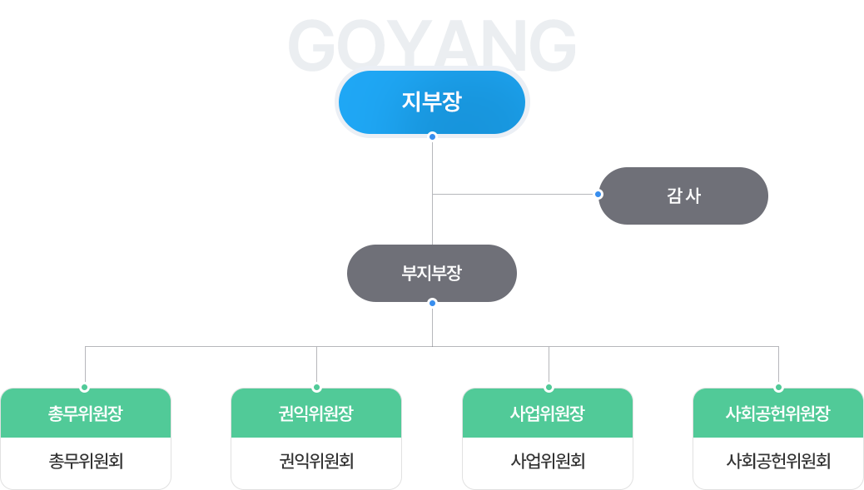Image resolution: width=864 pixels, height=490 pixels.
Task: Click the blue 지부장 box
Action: point(431,102)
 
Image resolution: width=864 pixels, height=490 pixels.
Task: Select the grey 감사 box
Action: point(683,196)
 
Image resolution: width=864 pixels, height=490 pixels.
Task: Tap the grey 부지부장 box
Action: point(431,273)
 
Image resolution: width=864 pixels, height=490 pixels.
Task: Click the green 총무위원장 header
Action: point(86,413)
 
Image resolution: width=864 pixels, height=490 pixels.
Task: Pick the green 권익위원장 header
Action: point(316,413)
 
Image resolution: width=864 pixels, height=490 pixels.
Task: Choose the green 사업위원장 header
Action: point(548,413)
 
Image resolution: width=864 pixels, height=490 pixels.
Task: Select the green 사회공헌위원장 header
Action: point(778,413)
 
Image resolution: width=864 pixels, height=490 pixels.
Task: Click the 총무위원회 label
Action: point(86,461)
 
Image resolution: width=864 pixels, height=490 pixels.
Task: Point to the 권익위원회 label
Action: point(316,461)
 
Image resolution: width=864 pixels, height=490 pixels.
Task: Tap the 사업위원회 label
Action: point(548,461)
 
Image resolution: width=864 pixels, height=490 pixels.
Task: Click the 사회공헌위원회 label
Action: point(778,461)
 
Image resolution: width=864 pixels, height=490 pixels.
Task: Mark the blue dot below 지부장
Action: point(432,136)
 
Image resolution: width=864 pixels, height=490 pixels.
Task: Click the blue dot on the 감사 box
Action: point(598,194)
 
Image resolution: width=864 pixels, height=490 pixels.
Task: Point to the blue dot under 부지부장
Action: point(432,303)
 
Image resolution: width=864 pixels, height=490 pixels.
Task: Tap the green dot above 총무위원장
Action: point(85,388)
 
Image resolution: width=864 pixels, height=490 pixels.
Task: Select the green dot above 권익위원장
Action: point(316,388)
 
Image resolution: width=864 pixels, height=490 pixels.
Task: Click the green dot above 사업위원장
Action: point(549,388)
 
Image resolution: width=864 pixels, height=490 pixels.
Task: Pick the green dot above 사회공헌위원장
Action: point(778,388)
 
